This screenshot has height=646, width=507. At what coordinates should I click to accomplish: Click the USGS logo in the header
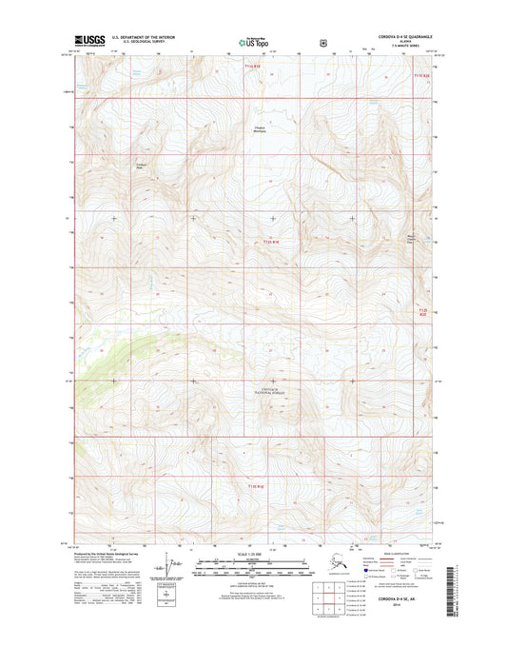(x=88, y=42)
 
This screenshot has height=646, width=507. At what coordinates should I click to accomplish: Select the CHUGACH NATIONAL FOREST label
(x=273, y=389)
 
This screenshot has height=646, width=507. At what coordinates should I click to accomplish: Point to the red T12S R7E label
(x=251, y=66)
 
